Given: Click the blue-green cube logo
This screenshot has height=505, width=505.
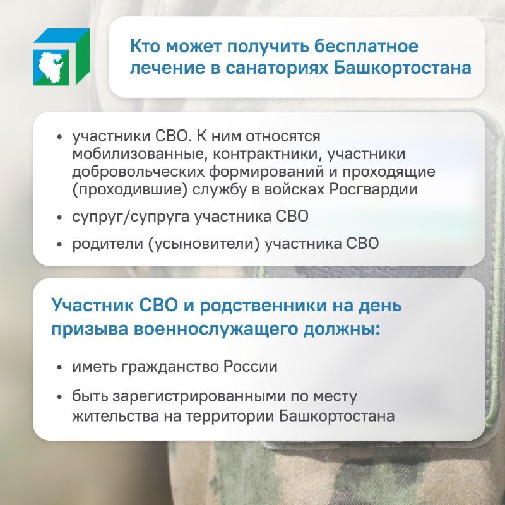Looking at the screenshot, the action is [61, 57].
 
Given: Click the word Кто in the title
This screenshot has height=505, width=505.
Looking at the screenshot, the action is [145, 46].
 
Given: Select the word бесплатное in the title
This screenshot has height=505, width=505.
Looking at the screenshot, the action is [366, 46].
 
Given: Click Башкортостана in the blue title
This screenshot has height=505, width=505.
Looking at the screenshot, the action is [402, 68].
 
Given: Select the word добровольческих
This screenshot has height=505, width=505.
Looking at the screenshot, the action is [138, 172].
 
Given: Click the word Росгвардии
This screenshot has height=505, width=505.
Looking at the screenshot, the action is [373, 190].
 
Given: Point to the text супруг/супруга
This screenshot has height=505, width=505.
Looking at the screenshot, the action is [131, 217].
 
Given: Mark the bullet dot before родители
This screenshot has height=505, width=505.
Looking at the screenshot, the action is [59, 244].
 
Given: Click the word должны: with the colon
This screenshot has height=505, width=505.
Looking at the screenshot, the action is [342, 329].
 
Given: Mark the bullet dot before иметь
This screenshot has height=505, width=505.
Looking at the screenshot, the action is [59, 367].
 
